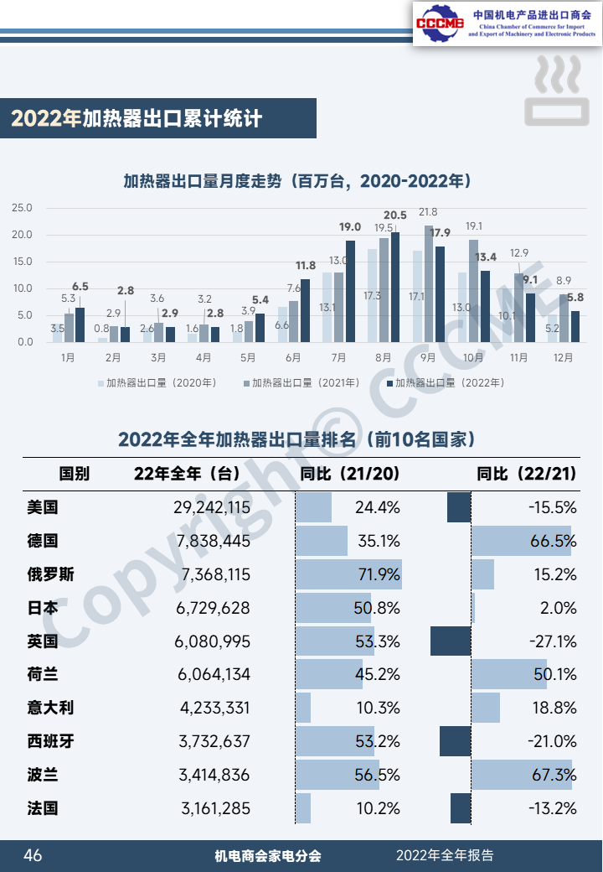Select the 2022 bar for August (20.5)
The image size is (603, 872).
[395, 287]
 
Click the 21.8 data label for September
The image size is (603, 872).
[428, 212]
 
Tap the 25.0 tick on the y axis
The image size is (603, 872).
[23, 208]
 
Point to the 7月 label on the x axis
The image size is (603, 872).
[338, 357]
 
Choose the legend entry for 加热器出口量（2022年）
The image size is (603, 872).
[444, 383]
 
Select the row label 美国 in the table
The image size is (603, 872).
[43, 507]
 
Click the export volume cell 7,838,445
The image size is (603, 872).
[214, 541]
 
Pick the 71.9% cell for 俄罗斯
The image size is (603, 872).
[379, 574]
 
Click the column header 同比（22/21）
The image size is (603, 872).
[526, 474]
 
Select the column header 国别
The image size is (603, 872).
[74, 474]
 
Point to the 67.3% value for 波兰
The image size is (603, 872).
[553, 776]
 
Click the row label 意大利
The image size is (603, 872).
[50, 708]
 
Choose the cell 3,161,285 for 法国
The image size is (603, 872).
[215, 809]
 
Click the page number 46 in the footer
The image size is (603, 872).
[33, 855]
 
